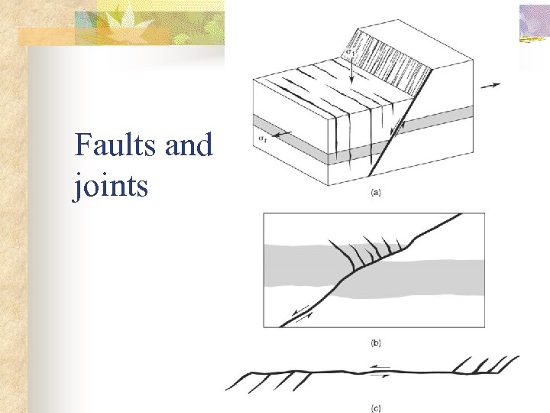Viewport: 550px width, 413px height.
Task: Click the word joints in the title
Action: (111, 186)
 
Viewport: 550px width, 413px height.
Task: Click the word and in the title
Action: (188, 145)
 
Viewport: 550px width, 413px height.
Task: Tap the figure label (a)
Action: (376, 193)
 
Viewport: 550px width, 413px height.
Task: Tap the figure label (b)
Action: (376, 343)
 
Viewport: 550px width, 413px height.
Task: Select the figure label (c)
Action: (376, 407)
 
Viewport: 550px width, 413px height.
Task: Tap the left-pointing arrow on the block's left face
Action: (282, 135)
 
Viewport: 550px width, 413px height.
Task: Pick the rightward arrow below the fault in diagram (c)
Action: (380, 376)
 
